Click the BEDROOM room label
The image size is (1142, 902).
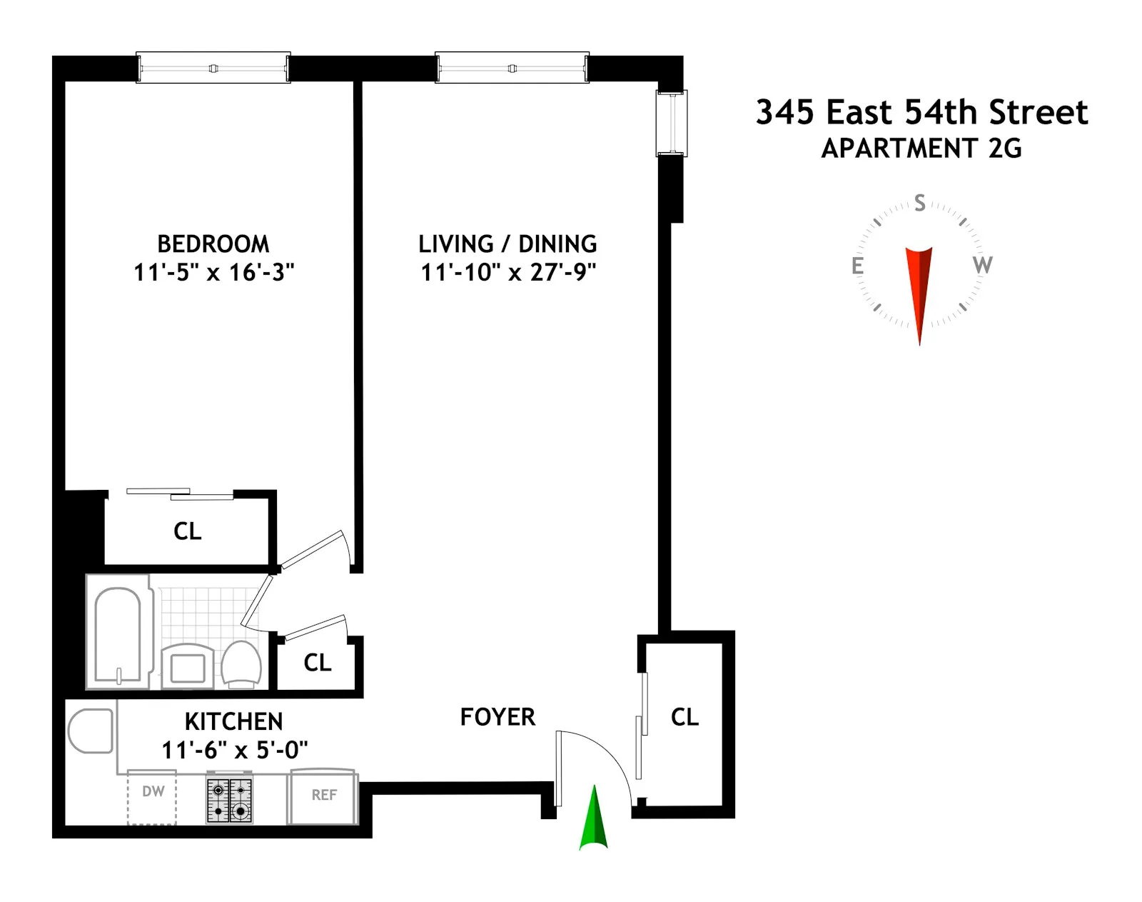click(x=213, y=244)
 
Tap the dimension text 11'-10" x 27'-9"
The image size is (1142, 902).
click(x=507, y=273)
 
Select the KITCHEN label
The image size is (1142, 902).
click(x=233, y=721)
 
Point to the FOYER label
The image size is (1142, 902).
click(x=497, y=717)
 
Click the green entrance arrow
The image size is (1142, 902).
click(x=593, y=821)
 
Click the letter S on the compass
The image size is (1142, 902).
click(x=920, y=204)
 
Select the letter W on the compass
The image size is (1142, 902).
click(x=982, y=265)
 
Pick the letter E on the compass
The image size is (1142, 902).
click(x=857, y=266)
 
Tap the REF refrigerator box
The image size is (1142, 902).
click(x=323, y=796)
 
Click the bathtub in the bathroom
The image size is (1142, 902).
click(x=118, y=634)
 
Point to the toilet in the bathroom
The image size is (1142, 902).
click(x=241, y=664)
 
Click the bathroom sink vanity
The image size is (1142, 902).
click(x=188, y=666)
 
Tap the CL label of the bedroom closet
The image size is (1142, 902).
click(x=188, y=531)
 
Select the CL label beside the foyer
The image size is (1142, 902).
click(x=684, y=717)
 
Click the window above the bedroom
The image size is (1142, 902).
click(x=213, y=69)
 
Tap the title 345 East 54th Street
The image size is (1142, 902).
click(x=921, y=113)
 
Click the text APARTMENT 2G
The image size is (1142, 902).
click(x=921, y=149)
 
